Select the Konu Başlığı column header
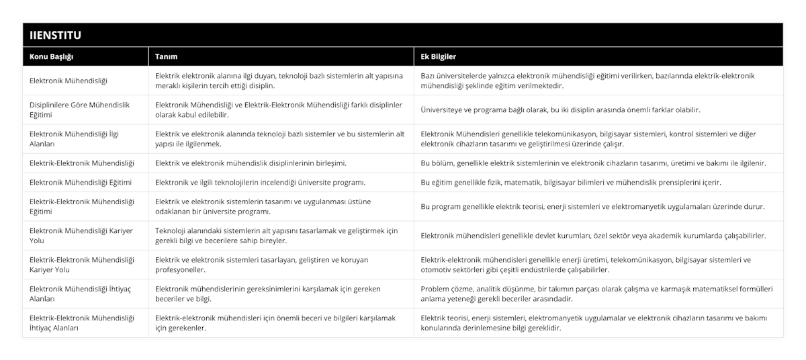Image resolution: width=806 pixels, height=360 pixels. click(x=52, y=56)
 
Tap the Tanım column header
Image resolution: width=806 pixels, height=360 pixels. click(x=166, y=56)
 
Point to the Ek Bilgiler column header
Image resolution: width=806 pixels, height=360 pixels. click(x=438, y=56)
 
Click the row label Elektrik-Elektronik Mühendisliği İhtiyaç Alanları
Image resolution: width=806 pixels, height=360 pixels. click(x=82, y=322)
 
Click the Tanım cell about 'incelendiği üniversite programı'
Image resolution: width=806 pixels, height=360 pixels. click(x=260, y=182)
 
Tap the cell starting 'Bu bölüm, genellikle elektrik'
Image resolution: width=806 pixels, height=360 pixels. click(x=592, y=163)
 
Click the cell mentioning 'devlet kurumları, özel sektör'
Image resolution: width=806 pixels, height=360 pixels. click(x=593, y=235)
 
